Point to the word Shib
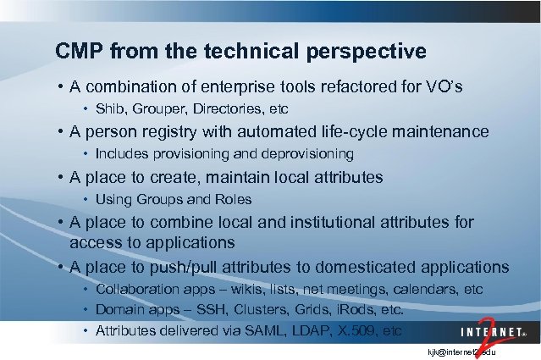[109, 109]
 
